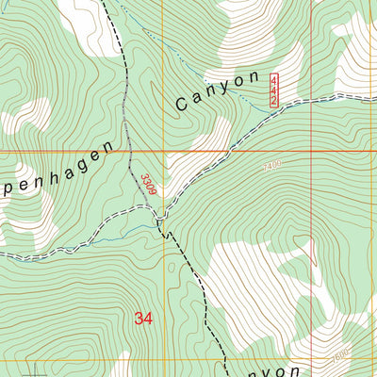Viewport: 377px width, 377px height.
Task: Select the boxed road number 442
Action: (274, 90)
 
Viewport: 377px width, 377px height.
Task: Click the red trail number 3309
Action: (148, 184)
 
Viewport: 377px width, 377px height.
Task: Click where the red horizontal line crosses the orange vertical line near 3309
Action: (165, 150)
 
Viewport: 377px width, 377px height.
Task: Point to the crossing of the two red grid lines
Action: (312, 150)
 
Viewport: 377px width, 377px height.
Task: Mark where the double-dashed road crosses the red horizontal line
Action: (227, 150)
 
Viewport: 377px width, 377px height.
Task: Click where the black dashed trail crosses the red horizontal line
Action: (131, 150)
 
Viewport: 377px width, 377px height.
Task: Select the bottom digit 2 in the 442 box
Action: (274, 101)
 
